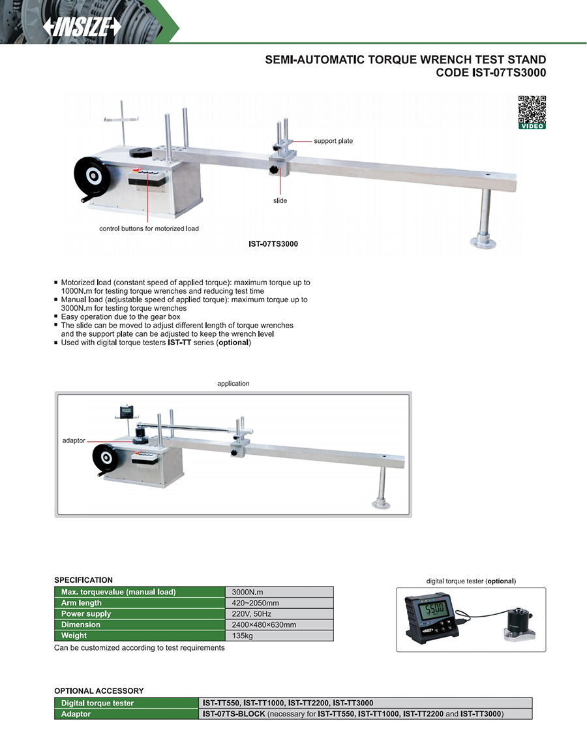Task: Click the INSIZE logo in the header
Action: tap(82, 26)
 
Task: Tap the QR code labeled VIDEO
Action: tap(532, 112)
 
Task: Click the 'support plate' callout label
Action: tap(333, 141)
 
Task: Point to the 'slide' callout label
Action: tap(280, 200)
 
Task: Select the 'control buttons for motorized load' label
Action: tap(149, 228)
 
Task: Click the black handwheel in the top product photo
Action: tap(93, 177)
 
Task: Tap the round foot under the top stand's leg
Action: tap(483, 242)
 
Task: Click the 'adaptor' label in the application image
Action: tap(74, 440)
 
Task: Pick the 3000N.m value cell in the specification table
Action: tap(247, 592)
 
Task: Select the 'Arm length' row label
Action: tap(81, 603)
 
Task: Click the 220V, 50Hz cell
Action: tap(252, 613)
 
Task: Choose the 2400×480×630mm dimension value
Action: tap(263, 624)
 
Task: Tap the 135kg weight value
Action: tap(242, 635)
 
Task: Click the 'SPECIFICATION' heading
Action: tap(83, 580)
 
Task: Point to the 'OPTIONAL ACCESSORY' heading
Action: tap(98, 691)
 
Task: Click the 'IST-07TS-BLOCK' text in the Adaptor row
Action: tap(233, 714)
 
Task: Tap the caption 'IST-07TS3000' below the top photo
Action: tap(273, 244)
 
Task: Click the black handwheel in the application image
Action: tap(105, 458)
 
